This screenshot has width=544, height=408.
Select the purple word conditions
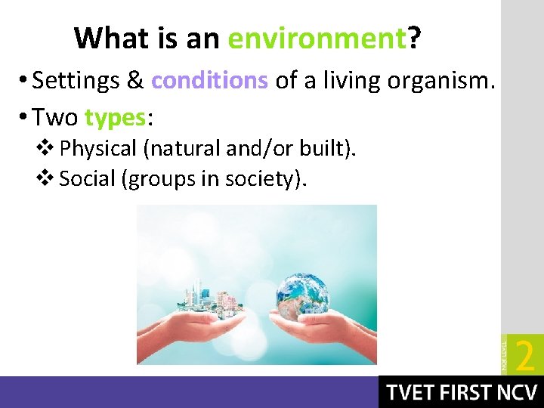pyautogui.click(x=209, y=81)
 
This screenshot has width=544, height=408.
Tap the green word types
pyautogui.click(x=115, y=117)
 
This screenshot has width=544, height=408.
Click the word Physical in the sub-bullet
pyautogui.click(x=103, y=149)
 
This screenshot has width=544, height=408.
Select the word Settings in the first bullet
pyautogui.click(x=79, y=81)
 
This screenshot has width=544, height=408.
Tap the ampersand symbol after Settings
pyautogui.click(x=136, y=81)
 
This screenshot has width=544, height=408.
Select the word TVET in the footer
pyautogui.click(x=413, y=393)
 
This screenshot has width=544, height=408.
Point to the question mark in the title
pyautogui.click(x=414, y=38)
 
